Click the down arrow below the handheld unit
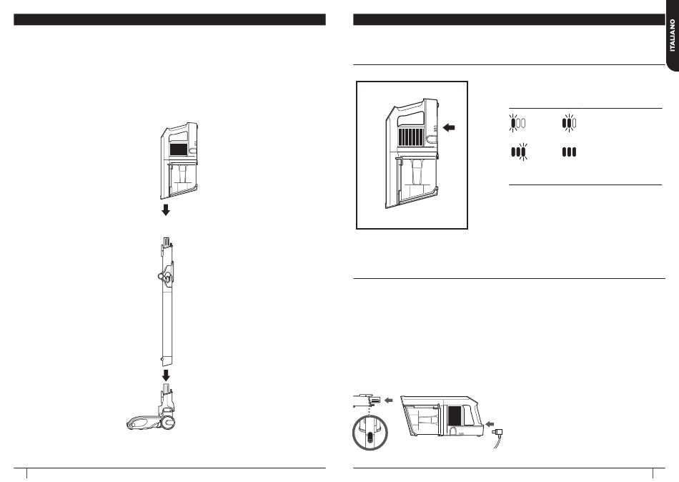(x=165, y=210)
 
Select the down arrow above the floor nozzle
(x=165, y=375)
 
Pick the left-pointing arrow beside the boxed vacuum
(x=449, y=127)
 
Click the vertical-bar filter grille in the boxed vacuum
(x=411, y=137)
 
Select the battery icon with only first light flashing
(x=517, y=123)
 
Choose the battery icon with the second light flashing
(x=569, y=123)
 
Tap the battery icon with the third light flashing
(x=519, y=152)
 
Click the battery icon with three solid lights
(x=569, y=152)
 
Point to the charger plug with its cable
(x=498, y=438)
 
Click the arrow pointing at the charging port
(x=490, y=424)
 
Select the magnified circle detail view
(x=370, y=432)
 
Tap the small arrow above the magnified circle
(x=388, y=400)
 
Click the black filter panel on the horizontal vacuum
(x=454, y=415)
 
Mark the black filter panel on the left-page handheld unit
(x=178, y=149)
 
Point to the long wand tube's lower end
(x=167, y=363)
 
